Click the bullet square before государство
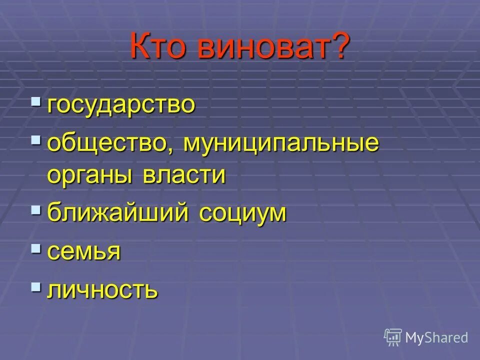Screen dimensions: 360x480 pos(36,101)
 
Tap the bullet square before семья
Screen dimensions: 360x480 pos(36,247)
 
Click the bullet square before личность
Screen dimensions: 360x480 pos(36,286)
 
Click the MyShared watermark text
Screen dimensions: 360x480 pos(436,338)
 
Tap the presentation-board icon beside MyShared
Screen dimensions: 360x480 pos(393,337)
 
